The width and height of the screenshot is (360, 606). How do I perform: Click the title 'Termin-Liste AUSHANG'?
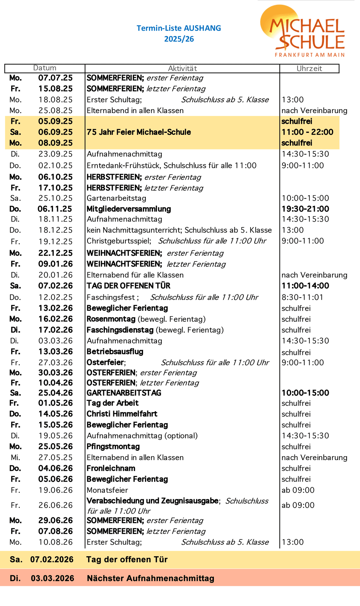[179, 28]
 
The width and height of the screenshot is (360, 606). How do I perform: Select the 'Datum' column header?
[45, 68]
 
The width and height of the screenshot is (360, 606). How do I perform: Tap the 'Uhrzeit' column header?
[309, 68]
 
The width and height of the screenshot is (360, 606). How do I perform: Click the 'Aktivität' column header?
[182, 68]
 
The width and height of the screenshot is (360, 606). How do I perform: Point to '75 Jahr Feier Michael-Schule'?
[139, 132]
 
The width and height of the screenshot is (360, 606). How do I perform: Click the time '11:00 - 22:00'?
[307, 132]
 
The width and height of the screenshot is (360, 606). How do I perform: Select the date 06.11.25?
[55, 209]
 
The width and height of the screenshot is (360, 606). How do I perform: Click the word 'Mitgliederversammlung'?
[129, 209]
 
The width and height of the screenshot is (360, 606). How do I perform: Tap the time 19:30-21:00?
[305, 209]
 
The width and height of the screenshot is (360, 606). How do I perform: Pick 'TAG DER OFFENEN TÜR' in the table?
[128, 286]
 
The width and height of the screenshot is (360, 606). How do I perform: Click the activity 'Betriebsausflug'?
[115, 352]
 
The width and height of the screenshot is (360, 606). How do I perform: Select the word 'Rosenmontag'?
[111, 319]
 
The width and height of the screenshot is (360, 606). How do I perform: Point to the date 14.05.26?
[55, 414]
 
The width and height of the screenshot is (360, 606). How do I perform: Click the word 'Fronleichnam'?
[111, 468]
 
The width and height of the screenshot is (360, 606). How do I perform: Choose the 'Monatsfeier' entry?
[107, 490]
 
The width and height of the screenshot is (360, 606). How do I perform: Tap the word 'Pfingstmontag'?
[113, 447]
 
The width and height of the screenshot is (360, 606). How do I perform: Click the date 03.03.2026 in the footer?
[53, 578]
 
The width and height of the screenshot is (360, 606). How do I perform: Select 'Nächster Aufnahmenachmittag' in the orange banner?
[150, 578]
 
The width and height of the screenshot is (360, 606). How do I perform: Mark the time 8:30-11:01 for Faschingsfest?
[302, 297]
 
